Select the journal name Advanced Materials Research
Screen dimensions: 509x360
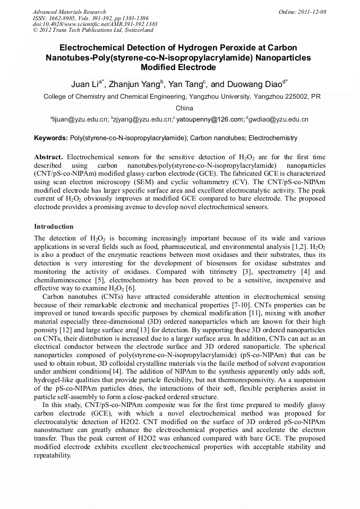[x=69, y=12]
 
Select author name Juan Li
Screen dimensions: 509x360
[x=87, y=84]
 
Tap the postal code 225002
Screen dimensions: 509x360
[x=293, y=97]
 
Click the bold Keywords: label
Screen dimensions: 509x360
[x=51, y=138]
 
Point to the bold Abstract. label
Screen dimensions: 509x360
[x=48, y=158]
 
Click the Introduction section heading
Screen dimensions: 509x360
[x=54, y=227]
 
